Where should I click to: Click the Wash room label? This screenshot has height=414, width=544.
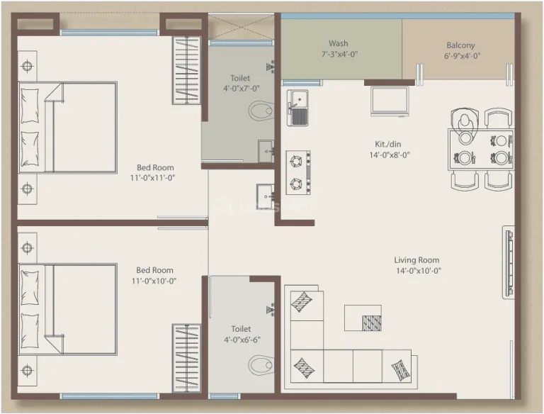pyautogui.click(x=339, y=44)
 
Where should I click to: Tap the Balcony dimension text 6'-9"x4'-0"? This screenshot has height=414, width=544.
pyautogui.click(x=462, y=56)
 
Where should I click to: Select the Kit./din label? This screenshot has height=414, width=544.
pyautogui.click(x=388, y=144)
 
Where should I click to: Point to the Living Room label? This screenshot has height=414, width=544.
pyautogui.click(x=416, y=260)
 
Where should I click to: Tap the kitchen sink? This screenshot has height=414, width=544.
pyautogui.click(x=297, y=108)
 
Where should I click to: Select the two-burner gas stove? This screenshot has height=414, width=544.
pyautogui.click(x=298, y=172)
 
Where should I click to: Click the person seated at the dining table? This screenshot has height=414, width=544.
pyautogui.click(x=465, y=124)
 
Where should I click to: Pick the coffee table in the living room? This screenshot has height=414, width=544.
pyautogui.click(x=363, y=318)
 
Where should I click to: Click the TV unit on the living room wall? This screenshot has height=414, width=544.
pyautogui.click(x=509, y=262)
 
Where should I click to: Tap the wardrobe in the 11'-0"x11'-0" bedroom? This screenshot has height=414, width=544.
pyautogui.click(x=187, y=70)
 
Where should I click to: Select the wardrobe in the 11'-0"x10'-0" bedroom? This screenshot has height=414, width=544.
pyautogui.click(x=187, y=359)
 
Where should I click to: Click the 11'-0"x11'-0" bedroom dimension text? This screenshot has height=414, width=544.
pyautogui.click(x=153, y=178)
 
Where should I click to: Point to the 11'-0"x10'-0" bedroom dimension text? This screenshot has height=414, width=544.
pyautogui.click(x=154, y=281)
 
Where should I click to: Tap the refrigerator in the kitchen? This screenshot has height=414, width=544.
pyautogui.click(x=390, y=101)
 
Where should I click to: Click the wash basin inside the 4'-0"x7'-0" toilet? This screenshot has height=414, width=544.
pyautogui.click(x=266, y=151)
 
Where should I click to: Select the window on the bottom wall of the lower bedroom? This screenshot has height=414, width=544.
pyautogui.click(x=109, y=396)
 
